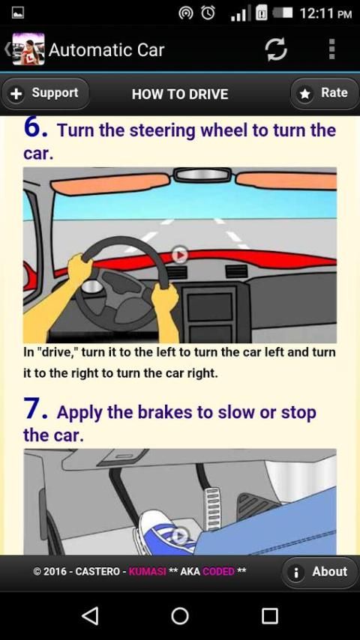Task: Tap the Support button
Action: [x=45, y=94]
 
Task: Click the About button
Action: [x=320, y=573]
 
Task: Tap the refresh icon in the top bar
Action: [x=276, y=49]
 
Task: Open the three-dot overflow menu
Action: [x=331, y=49]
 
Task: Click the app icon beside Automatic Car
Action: [x=28, y=49]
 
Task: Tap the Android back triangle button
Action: [x=90, y=615]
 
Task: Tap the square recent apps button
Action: [x=270, y=616]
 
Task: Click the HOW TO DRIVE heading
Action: [x=180, y=94]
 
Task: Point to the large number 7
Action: [x=34, y=409]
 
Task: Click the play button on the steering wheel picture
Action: [x=180, y=255]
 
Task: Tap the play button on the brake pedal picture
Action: [x=180, y=536]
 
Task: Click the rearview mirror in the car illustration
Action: [x=202, y=175]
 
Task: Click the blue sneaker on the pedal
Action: [x=166, y=531]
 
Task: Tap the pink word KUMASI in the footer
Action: [x=148, y=571]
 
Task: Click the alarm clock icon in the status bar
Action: [x=208, y=13]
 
